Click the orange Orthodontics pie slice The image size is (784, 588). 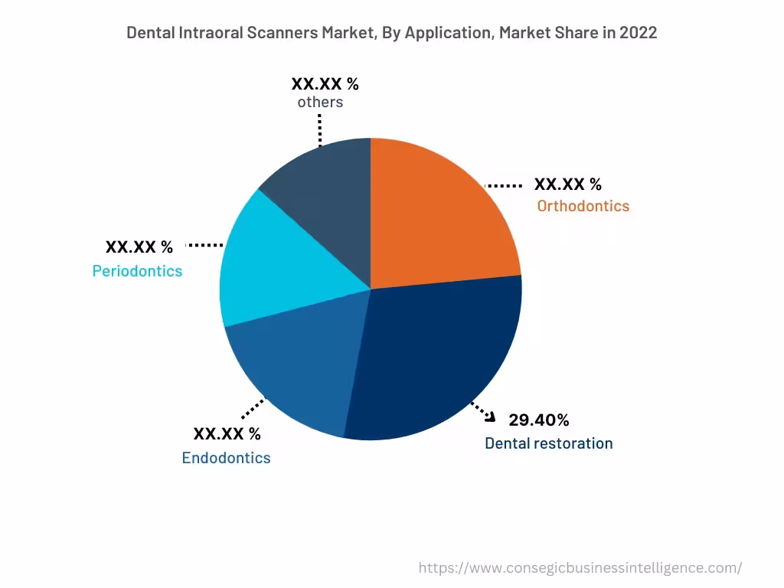pyautogui.click(x=440, y=214)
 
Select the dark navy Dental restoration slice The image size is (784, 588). pyautogui.click(x=436, y=352)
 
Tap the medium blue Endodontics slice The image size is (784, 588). pyautogui.click(x=299, y=367)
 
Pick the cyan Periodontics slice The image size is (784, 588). pyautogui.click(x=268, y=268)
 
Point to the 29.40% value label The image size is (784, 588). pyautogui.click(x=538, y=420)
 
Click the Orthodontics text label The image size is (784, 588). pyautogui.click(x=583, y=206)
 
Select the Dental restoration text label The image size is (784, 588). pyautogui.click(x=548, y=443)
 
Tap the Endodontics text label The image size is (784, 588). pyautogui.click(x=226, y=458)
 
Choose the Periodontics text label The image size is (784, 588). pyautogui.click(x=137, y=271)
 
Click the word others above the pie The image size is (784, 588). pyautogui.click(x=320, y=102)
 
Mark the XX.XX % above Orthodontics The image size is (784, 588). pyautogui.click(x=567, y=185)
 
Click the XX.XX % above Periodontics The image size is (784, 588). pyautogui.click(x=139, y=247)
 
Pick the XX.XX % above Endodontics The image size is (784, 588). pyautogui.click(x=227, y=434)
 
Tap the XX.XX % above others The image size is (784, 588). pyautogui.click(x=325, y=84)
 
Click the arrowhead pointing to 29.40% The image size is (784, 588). pyautogui.click(x=491, y=415)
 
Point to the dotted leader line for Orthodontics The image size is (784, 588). pyautogui.click(x=505, y=185)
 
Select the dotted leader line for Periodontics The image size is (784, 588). pyautogui.click(x=204, y=245)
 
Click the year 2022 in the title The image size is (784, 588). pyautogui.click(x=639, y=33)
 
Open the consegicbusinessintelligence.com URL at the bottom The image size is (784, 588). pyautogui.click(x=580, y=568)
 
